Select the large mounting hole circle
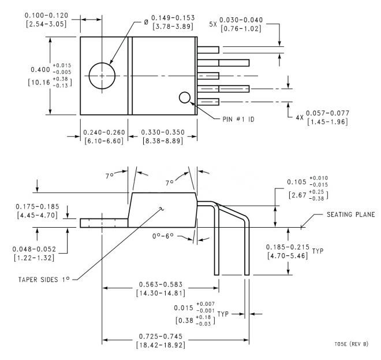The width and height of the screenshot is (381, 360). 102,75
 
